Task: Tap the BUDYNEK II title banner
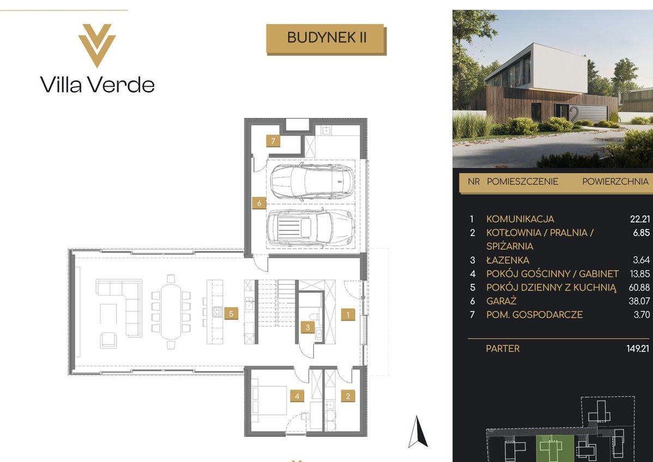(326, 39)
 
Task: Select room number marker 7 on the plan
(273, 141)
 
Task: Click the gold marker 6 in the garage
(259, 203)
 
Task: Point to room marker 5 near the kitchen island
(231, 313)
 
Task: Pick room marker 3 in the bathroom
(307, 327)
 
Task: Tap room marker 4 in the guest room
(297, 396)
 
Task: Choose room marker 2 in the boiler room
(348, 396)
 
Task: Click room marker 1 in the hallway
(348, 315)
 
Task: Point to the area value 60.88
(639, 287)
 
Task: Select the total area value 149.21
(638, 348)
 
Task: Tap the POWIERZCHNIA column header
(615, 182)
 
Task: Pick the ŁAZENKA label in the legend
(507, 260)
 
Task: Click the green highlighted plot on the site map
(554, 448)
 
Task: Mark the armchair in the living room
(108, 339)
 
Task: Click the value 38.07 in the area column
(639, 301)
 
